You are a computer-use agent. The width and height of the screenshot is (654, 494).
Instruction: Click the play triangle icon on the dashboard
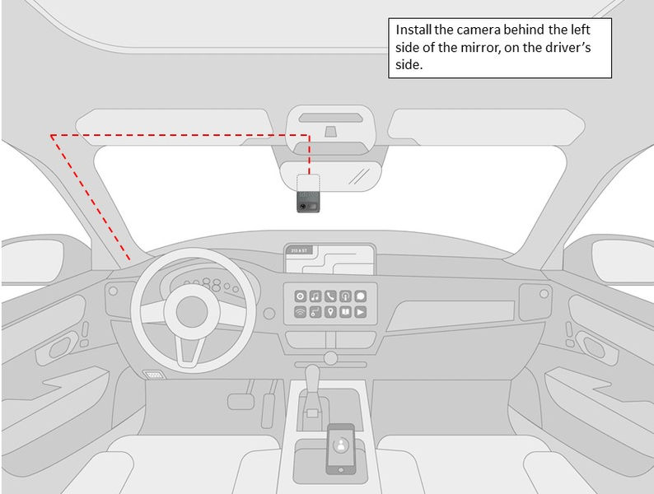[361, 312]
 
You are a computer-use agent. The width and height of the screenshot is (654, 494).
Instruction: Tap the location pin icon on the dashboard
[330, 312]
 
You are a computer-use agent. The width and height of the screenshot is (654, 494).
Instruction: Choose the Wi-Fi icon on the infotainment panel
[300, 312]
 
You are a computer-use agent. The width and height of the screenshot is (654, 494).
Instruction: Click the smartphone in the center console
[340, 449]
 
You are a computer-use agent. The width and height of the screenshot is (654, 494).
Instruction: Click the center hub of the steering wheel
[185, 312]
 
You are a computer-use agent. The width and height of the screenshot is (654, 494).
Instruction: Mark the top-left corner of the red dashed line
[51, 134]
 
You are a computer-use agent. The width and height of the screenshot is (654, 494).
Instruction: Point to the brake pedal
[241, 401]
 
